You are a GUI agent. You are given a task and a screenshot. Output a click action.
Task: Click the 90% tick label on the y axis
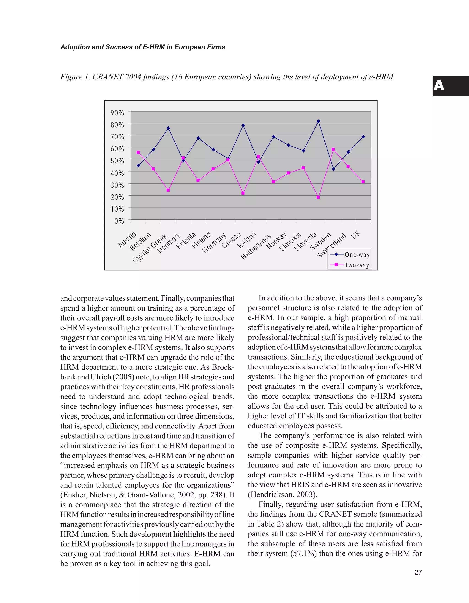tap(117, 113)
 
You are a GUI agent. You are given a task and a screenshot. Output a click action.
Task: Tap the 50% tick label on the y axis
tap(117, 161)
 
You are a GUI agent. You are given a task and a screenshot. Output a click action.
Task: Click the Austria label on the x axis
tap(127, 239)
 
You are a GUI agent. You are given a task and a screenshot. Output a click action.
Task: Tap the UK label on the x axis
tap(356, 235)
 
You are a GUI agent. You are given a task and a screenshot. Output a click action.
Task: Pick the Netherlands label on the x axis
tap(256, 247)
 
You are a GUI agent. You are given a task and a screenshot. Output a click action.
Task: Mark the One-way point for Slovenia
tap(318, 121)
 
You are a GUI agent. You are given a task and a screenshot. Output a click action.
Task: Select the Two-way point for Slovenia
tap(318, 197)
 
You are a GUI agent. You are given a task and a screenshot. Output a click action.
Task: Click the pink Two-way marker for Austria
tap(138, 152)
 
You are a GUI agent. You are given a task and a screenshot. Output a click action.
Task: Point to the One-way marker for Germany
tap(228, 158)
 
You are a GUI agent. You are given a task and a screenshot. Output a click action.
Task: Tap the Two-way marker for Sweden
tap(333, 149)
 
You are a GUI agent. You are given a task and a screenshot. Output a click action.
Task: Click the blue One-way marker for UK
tap(363, 137)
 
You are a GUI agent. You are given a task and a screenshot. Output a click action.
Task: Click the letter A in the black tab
tap(439, 86)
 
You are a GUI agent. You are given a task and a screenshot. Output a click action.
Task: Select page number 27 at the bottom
tap(418, 572)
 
